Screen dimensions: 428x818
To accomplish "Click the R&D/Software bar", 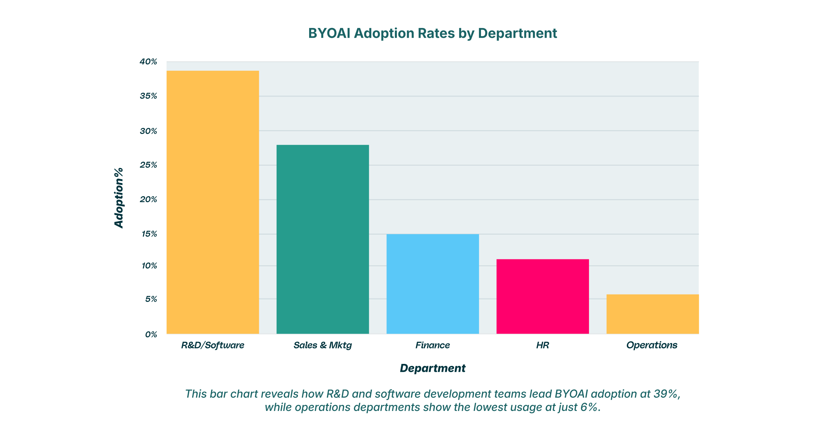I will pos(213,202).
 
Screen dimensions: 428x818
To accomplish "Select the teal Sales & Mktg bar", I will pos(323,239).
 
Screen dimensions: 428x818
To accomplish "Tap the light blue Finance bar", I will pos(432,284).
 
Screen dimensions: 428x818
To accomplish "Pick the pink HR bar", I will pos(542,296).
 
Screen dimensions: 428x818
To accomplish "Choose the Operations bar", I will pos(652,314).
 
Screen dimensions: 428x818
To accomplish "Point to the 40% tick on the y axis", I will pos(148,62).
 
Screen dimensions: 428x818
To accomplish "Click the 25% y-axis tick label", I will pos(148,165).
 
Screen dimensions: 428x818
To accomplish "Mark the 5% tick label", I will pos(151,299).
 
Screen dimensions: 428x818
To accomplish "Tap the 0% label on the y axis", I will pos(151,335).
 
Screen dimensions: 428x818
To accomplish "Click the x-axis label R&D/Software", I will pos(213,345).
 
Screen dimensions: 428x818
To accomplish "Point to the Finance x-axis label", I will pos(432,345).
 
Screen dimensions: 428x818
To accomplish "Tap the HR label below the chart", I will pos(542,345).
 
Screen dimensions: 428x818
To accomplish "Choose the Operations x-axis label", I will pos(652,345).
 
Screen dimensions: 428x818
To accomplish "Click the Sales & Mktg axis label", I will pos(323,345).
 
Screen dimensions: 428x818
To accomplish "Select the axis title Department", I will pos(432,368).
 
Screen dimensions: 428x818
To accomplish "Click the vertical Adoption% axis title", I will pos(119,198).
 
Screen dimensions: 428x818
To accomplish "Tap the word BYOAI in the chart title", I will pos(329,34).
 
